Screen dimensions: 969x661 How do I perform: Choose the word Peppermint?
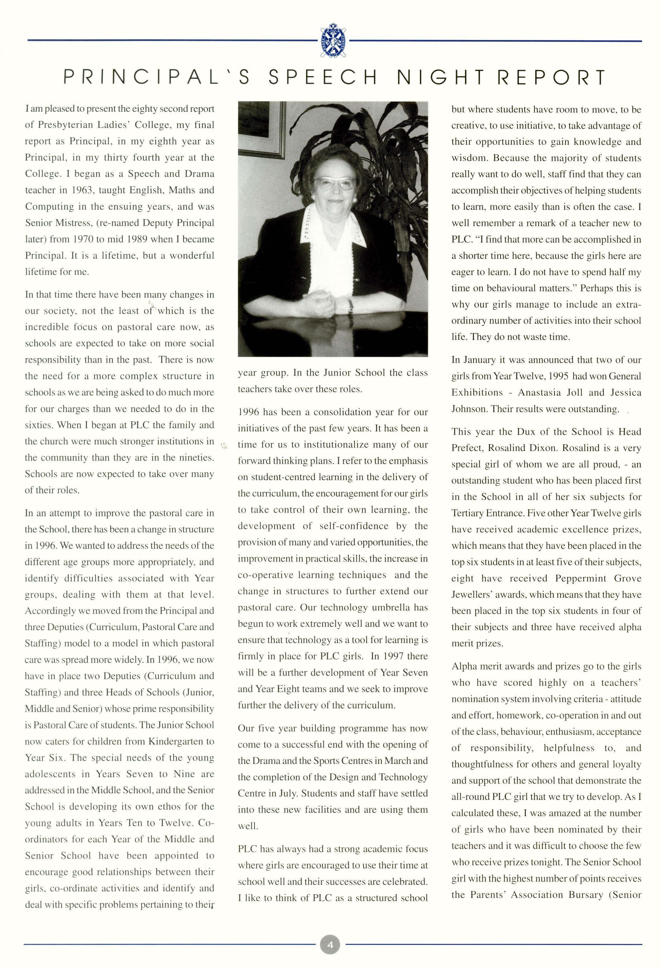click(582, 578)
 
